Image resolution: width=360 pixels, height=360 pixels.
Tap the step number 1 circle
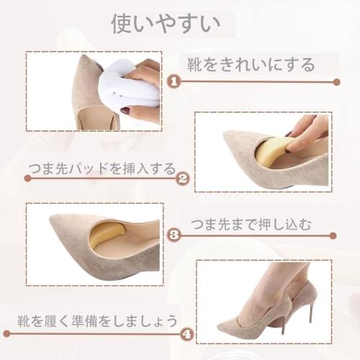coord(173,81)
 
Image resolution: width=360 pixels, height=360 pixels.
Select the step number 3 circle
coord(173,234)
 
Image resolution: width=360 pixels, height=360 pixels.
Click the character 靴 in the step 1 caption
coord(195,66)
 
